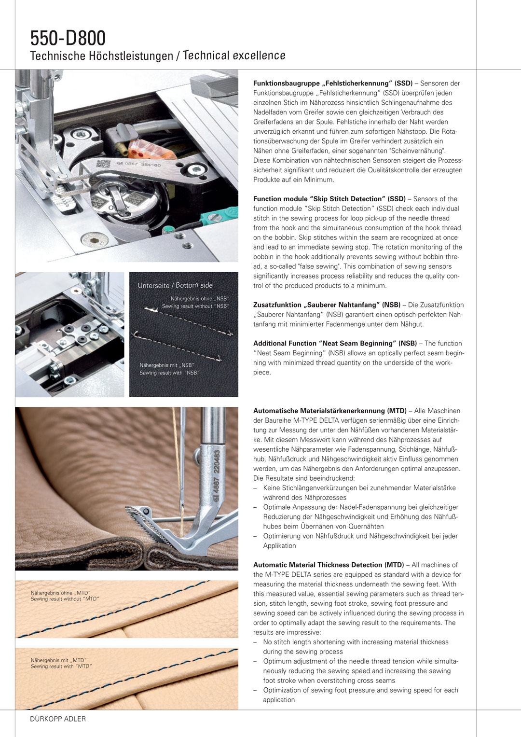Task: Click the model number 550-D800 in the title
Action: pos(68,38)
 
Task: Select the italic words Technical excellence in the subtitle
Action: pos(234,56)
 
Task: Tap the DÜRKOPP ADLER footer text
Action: pos(58,719)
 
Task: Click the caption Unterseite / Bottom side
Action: pos(175,285)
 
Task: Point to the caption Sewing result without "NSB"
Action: pos(195,306)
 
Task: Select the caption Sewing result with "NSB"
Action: pos(169,373)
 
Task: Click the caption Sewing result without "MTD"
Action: pos(65,599)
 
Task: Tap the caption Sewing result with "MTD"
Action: pos(61,667)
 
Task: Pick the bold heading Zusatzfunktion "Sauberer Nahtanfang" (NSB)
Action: pos(327,305)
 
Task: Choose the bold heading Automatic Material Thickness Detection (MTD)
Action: pos(329,565)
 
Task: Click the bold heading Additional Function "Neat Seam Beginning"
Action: pos(335,343)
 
